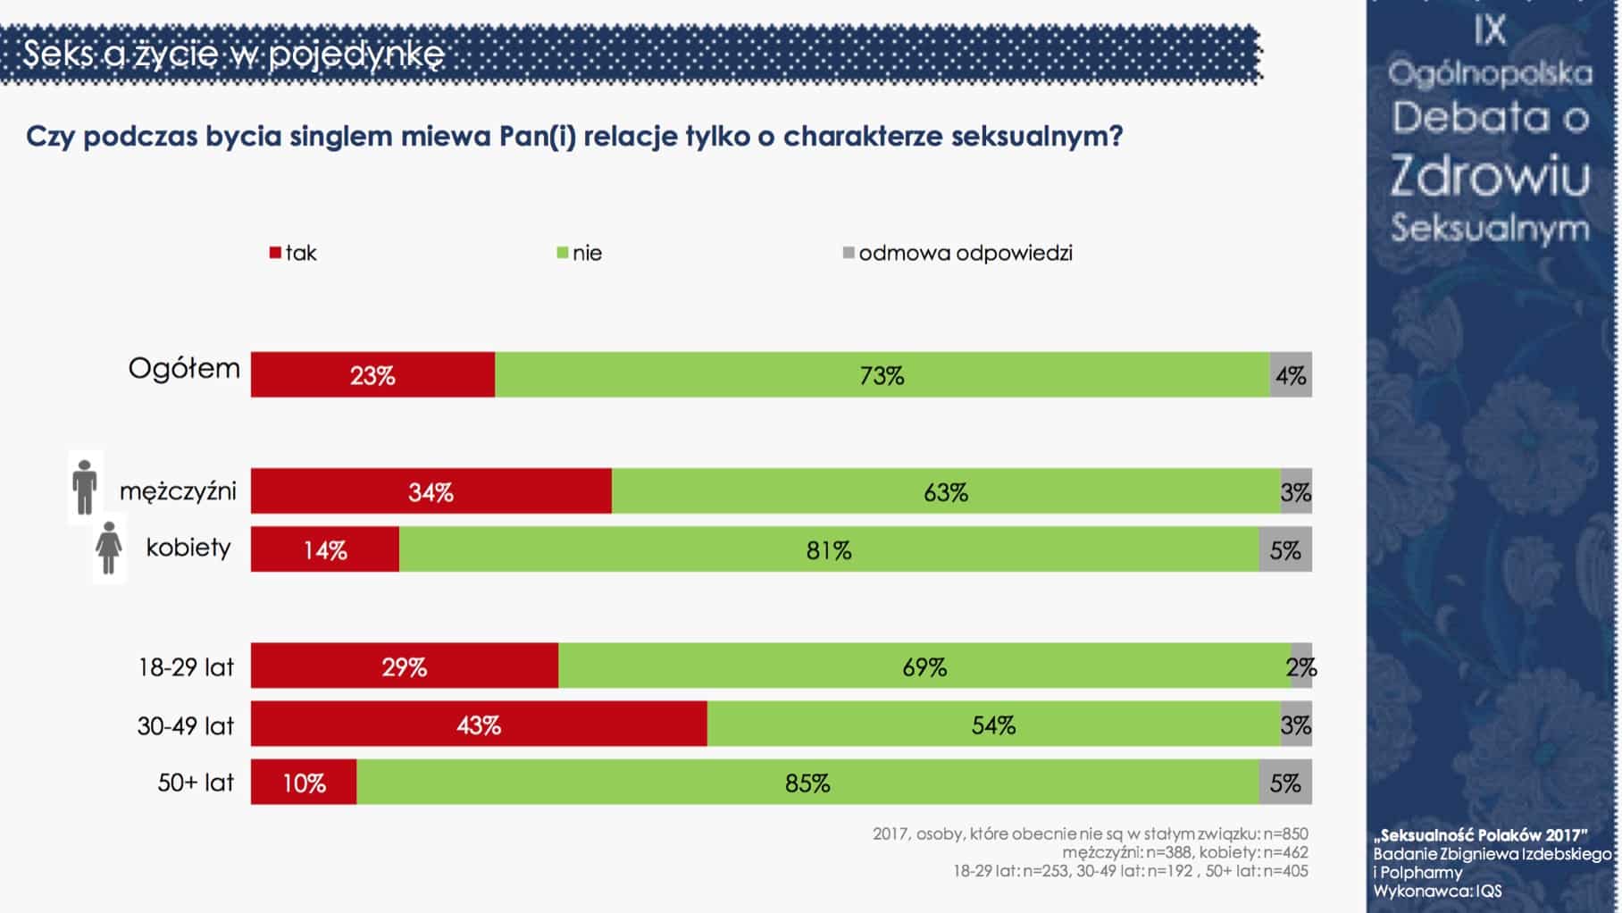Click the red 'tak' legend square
point(275,254)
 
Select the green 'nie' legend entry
point(579,253)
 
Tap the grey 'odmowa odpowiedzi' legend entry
point(957,253)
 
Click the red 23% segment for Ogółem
point(372,374)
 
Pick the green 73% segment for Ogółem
point(882,374)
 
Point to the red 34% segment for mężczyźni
point(431,490)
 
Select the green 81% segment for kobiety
point(829,549)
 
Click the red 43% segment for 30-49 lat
point(479,724)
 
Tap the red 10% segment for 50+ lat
point(304,782)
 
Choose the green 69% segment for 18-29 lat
point(924,666)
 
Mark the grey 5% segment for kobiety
point(1285,549)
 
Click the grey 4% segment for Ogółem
point(1291,374)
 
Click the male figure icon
point(85,487)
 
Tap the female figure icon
point(109,548)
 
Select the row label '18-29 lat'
point(186,667)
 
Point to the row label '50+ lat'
point(196,783)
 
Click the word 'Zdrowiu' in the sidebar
point(1490,175)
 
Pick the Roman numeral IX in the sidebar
point(1490,30)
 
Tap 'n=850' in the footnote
point(1285,833)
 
